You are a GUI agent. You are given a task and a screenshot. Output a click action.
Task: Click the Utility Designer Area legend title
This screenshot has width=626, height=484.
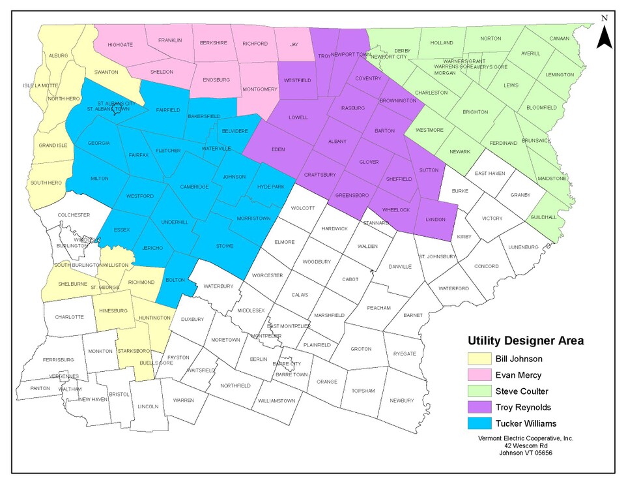525,340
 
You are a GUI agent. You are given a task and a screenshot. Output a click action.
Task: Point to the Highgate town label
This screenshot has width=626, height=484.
121,46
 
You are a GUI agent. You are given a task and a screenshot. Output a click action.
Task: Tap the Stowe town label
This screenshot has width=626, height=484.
224,246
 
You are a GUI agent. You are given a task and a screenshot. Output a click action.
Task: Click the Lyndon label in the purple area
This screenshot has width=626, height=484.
435,220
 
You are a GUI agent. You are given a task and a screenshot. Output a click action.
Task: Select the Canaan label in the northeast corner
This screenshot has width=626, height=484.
559,38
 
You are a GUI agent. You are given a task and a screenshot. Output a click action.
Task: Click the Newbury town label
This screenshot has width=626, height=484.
401,401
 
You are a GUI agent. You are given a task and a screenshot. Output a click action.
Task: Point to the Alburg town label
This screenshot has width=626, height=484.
58,56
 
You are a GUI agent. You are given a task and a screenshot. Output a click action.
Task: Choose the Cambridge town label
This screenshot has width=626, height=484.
194,187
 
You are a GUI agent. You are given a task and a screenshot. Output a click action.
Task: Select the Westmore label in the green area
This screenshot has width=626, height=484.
429,130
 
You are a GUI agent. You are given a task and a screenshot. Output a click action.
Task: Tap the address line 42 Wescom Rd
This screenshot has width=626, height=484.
524,446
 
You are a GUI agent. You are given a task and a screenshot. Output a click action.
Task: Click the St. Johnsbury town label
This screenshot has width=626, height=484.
438,256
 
